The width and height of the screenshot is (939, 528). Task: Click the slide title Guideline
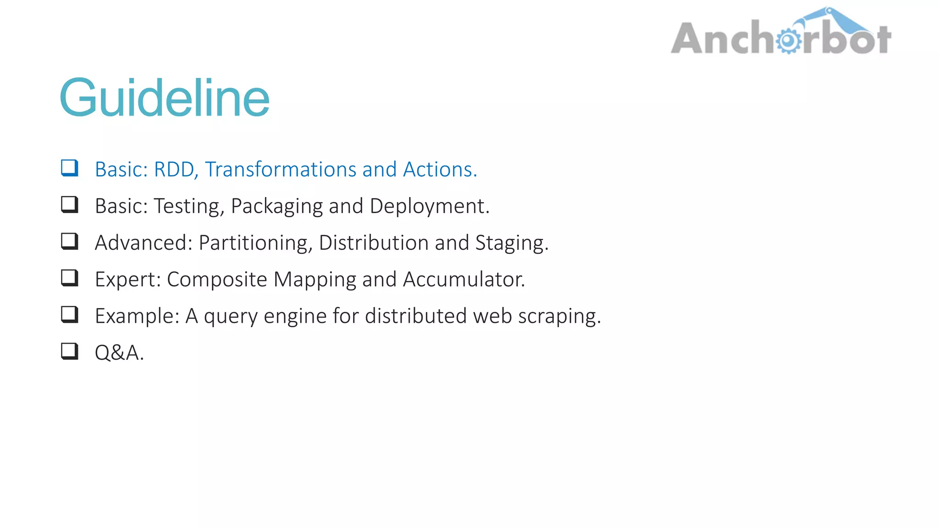pyautogui.click(x=165, y=98)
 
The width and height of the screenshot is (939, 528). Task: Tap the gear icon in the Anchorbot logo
pyautogui.click(x=788, y=41)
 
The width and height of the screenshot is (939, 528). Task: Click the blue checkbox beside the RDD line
pyautogui.click(x=70, y=168)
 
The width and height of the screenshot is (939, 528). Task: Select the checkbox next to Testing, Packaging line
pyautogui.click(x=70, y=204)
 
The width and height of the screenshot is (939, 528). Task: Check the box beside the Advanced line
pyautogui.click(x=70, y=241)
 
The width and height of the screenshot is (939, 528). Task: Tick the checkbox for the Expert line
pyautogui.click(x=70, y=278)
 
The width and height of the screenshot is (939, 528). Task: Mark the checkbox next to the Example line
pyautogui.click(x=70, y=314)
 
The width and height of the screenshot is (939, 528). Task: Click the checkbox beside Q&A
pyautogui.click(x=70, y=351)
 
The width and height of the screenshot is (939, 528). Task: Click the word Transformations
pyautogui.click(x=281, y=170)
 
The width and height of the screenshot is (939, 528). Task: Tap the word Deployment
pyautogui.click(x=429, y=206)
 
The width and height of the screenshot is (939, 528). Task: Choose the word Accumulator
pyautogui.click(x=464, y=280)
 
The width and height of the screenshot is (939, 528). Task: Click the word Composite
pyautogui.click(x=217, y=280)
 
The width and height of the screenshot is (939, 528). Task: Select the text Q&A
pyautogui.click(x=119, y=353)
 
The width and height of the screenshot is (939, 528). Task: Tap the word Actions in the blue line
pyautogui.click(x=440, y=170)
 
